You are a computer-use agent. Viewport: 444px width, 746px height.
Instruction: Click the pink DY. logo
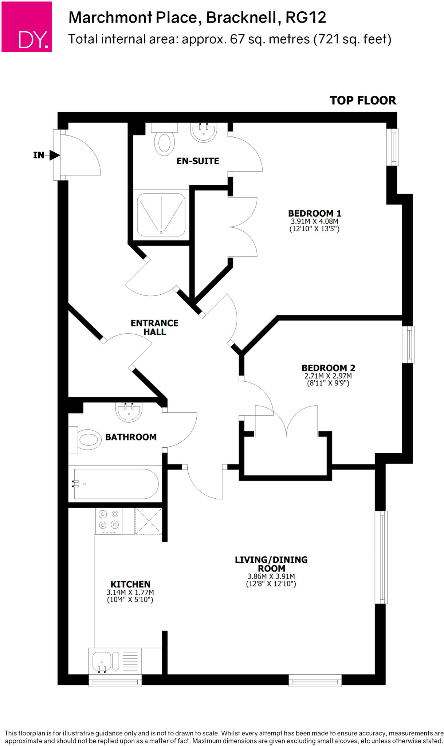(x=27, y=27)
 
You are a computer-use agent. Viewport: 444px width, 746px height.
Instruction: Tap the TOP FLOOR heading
(x=363, y=101)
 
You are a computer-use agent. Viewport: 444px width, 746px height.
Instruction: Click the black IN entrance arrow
(x=55, y=156)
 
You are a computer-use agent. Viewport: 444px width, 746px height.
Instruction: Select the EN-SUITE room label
(x=198, y=161)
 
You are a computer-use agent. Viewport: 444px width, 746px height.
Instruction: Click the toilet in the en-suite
(x=164, y=142)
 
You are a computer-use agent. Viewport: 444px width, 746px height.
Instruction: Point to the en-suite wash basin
(x=204, y=132)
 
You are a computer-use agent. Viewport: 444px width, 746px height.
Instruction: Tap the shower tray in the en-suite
(x=161, y=215)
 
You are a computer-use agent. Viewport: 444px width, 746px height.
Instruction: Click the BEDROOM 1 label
(x=315, y=213)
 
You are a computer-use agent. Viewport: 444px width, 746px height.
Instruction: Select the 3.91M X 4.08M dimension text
(x=314, y=221)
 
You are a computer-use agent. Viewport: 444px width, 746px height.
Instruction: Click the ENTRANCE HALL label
(x=154, y=327)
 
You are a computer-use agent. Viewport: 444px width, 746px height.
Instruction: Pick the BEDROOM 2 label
(x=328, y=368)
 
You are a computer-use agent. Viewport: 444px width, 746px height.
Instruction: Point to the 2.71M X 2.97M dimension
(x=328, y=376)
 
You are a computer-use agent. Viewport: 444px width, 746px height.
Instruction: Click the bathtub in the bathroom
(x=116, y=484)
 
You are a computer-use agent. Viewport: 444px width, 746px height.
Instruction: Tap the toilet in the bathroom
(x=87, y=440)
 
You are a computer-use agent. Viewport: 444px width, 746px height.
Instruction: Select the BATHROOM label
(x=131, y=437)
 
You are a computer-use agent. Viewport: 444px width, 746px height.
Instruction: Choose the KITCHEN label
(x=130, y=584)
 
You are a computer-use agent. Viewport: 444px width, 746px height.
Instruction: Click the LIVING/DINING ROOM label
(x=271, y=564)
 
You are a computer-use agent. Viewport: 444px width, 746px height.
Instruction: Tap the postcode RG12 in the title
(x=306, y=17)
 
